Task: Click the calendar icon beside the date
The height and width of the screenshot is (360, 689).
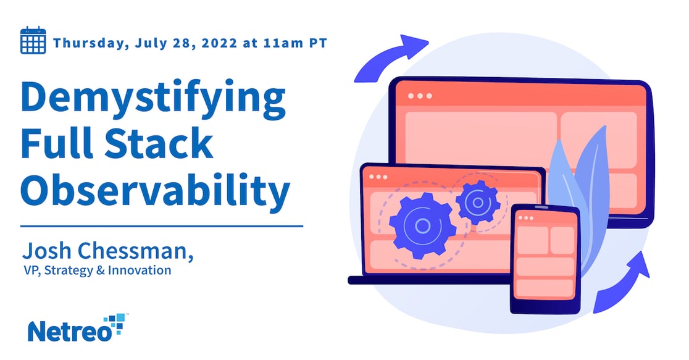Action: [33, 41]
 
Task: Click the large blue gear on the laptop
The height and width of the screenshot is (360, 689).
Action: [422, 225]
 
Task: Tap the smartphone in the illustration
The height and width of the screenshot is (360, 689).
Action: [545, 257]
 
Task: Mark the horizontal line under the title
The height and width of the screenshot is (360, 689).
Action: [162, 226]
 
